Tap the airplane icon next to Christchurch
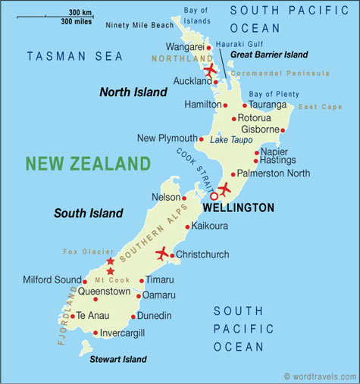[x=162, y=253]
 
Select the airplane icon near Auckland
[x=209, y=71]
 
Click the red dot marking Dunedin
[x=133, y=317]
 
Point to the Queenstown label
[x=105, y=290]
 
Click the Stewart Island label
[x=118, y=360]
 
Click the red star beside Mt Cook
[x=111, y=271]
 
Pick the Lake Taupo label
[x=231, y=140]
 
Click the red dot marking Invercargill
[x=95, y=332]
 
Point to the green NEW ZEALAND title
[x=88, y=164]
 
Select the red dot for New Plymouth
[x=201, y=139]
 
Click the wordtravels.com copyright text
[x=319, y=376]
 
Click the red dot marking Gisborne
[x=283, y=130]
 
